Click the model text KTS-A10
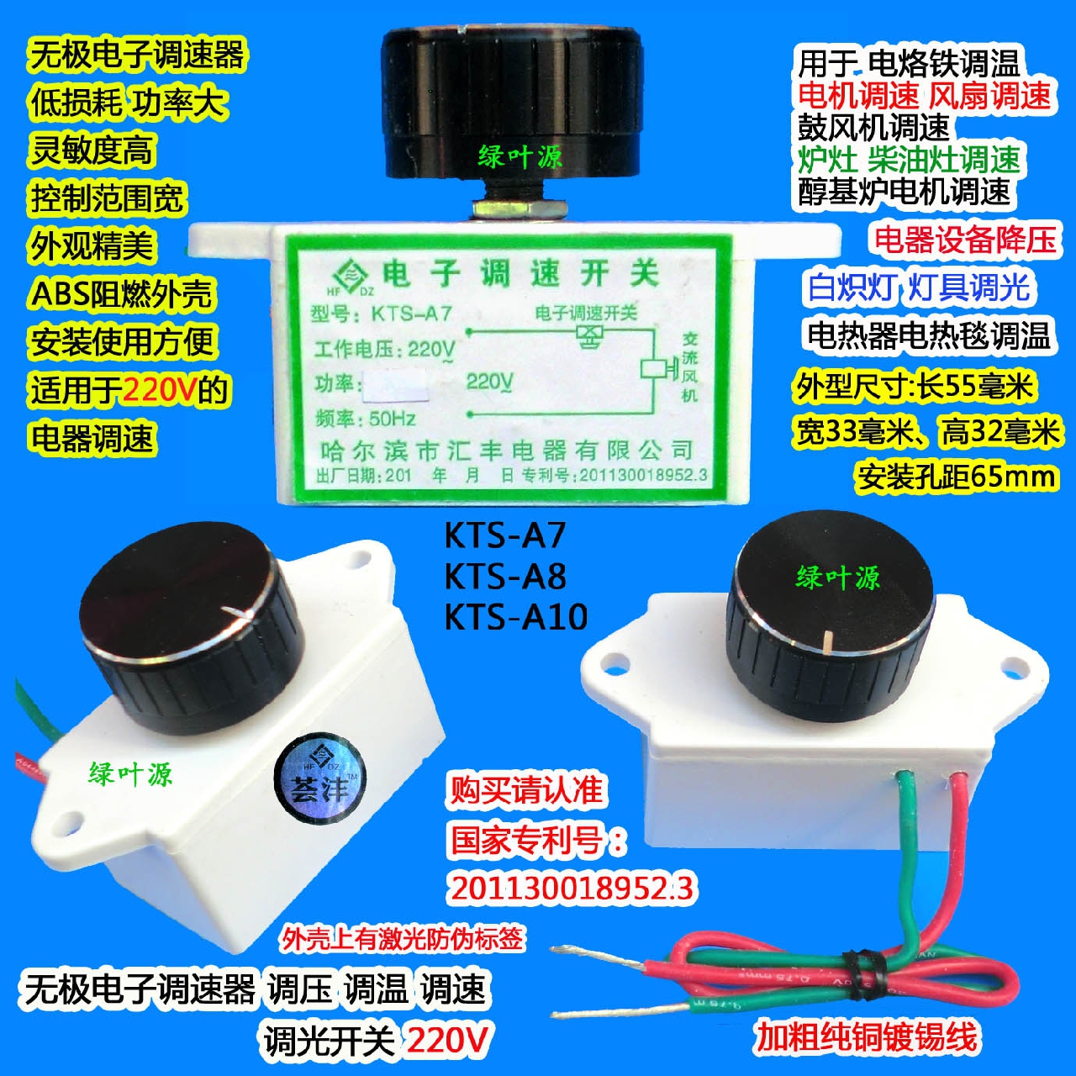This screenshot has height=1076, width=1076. [515, 616]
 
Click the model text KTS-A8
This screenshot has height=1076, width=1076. [504, 576]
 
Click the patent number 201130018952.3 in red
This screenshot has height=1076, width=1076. [572, 888]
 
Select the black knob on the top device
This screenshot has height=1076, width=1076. [513, 101]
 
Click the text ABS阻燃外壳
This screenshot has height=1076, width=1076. [122, 294]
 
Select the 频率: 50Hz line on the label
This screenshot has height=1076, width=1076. [366, 418]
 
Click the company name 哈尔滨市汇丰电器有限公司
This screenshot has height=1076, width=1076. [507, 451]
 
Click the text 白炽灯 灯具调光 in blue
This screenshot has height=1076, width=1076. [918, 287]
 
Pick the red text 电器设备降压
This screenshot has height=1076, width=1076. [965, 240]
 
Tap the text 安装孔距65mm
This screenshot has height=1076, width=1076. [957, 477]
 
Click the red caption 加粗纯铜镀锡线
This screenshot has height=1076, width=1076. [866, 1036]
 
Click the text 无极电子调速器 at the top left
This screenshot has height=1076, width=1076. [137, 55]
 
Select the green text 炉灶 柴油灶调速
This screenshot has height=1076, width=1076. [909, 159]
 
